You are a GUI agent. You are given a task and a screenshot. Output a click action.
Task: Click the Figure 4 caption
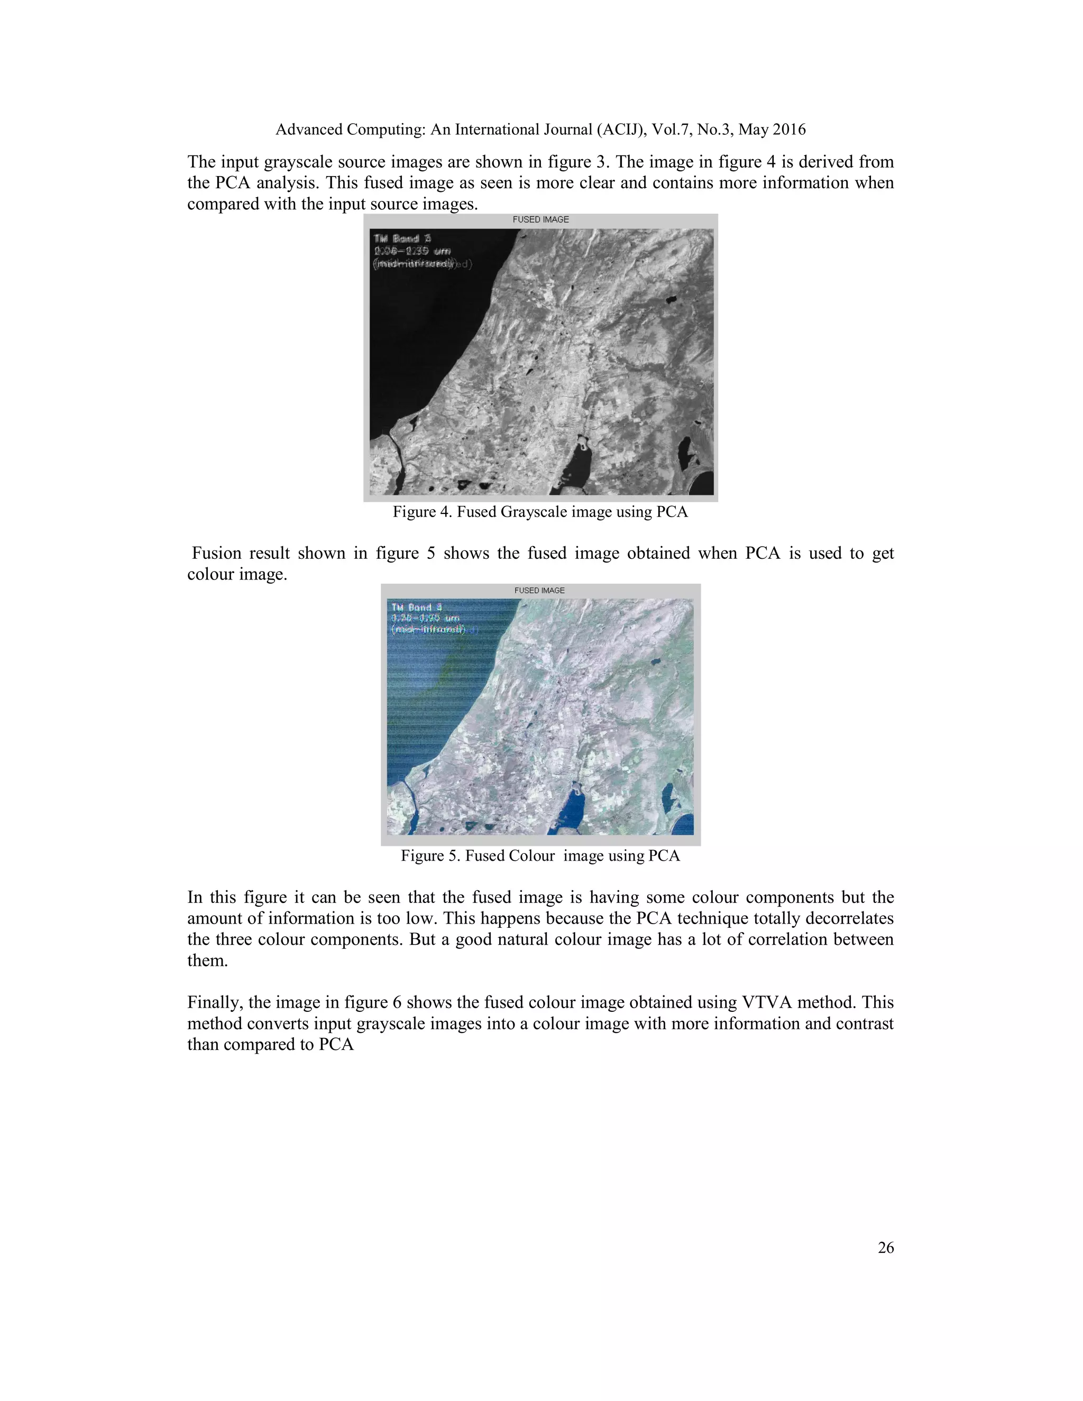pos(540,512)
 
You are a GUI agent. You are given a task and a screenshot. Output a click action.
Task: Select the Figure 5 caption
pos(540,856)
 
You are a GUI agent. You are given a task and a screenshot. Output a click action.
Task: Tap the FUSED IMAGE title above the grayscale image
pos(540,219)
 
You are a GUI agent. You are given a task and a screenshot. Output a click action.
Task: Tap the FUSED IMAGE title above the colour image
pos(539,590)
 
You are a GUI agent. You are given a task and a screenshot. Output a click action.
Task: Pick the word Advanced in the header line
pos(309,130)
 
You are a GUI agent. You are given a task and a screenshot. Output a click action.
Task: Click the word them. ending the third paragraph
pos(207,960)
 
